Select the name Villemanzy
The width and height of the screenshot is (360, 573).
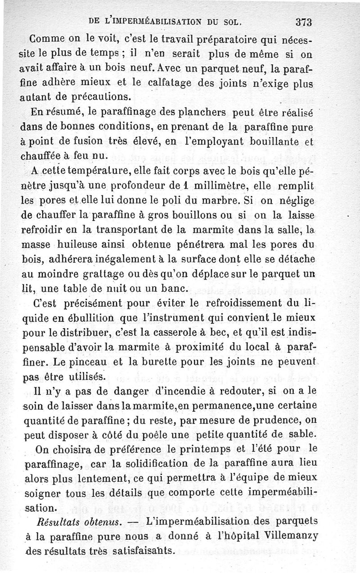(x=294, y=536)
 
